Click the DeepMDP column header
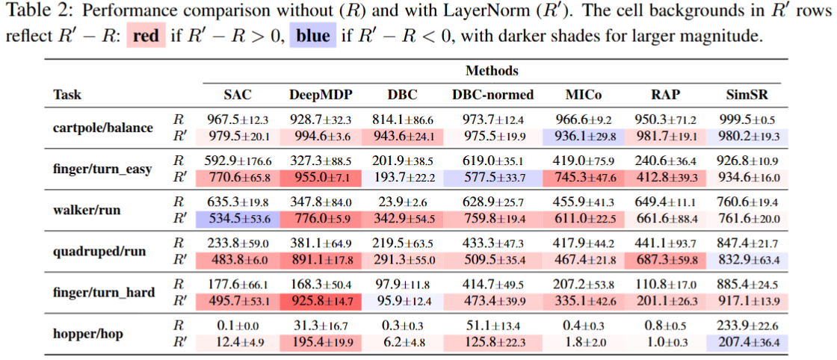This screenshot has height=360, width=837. pyautogui.click(x=321, y=95)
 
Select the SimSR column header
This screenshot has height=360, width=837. pyautogui.click(x=748, y=95)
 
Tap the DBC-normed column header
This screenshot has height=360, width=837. pyautogui.click(x=492, y=95)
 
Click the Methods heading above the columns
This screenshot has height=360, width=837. pyautogui.click(x=492, y=71)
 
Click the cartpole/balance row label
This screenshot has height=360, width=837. pyautogui.click(x=103, y=128)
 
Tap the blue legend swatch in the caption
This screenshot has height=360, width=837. pyautogui.click(x=312, y=36)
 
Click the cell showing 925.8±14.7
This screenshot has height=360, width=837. pyautogui.click(x=321, y=300)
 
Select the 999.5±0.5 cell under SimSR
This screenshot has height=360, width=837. pyautogui.click(x=748, y=120)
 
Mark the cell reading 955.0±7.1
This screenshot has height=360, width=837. pyautogui.click(x=321, y=178)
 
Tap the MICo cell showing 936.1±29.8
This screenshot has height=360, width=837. pyautogui.click(x=585, y=136)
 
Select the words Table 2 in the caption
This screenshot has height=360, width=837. pyautogui.click(x=30, y=12)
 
